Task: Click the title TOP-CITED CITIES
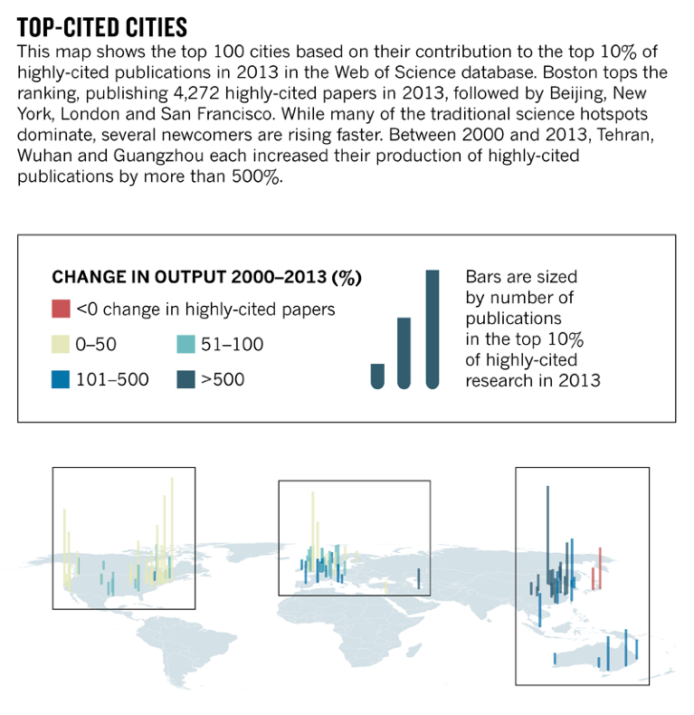102,25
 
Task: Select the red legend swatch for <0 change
61,309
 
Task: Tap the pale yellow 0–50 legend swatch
61,344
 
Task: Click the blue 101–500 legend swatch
61,379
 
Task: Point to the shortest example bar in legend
377,376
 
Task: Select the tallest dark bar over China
547,534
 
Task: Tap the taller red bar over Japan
599,566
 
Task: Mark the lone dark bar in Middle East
418,577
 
